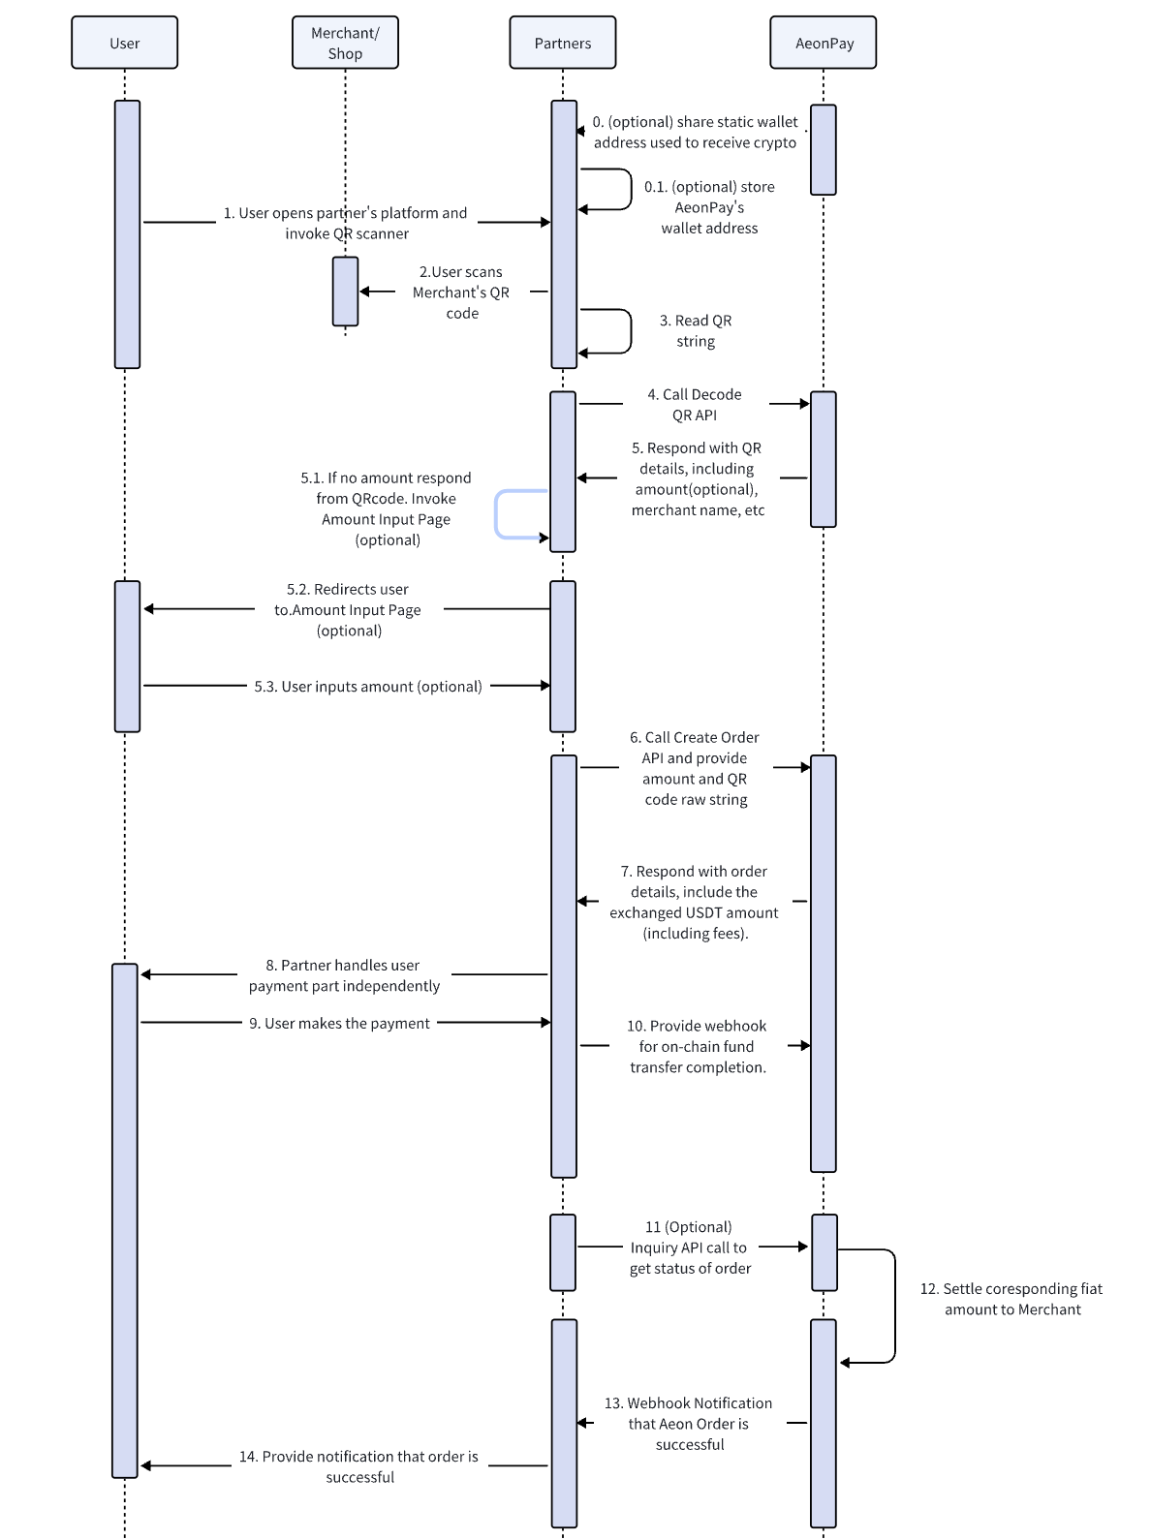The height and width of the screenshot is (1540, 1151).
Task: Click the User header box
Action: [124, 43]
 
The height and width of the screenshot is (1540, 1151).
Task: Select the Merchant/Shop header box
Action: [345, 43]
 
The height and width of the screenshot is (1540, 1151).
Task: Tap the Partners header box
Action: [562, 43]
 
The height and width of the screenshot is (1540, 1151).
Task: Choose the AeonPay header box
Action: [823, 43]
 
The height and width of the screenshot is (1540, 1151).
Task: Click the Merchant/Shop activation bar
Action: [345, 292]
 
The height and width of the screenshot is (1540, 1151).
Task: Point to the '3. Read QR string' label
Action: [695, 330]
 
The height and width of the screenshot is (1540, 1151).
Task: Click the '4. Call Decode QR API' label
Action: [694, 404]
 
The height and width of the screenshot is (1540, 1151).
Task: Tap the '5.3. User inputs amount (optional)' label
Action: [368, 686]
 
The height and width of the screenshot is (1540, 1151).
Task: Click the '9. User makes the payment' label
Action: [339, 1023]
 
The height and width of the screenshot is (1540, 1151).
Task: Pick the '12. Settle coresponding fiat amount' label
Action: [1011, 1299]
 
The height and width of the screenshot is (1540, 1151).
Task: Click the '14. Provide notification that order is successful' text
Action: [358, 1466]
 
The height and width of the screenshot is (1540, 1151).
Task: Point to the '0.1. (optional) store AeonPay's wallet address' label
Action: [709, 207]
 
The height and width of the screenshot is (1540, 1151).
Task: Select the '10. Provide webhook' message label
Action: [697, 1046]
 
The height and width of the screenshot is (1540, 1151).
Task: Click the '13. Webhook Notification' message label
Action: [688, 1424]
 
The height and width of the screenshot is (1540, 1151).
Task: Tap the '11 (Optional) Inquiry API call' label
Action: [689, 1247]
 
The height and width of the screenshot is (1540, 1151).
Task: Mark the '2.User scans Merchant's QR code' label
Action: [461, 292]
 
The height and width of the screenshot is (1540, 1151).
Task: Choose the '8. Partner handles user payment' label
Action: [344, 975]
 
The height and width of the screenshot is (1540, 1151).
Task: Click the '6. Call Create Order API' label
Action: [695, 768]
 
